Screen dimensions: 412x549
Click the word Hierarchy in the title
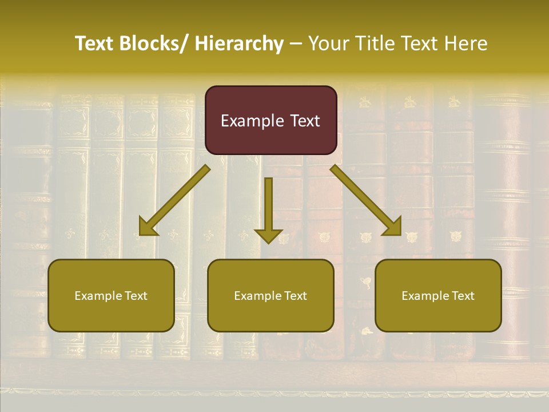pyautogui.click(x=239, y=43)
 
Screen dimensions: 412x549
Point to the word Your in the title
pyautogui.click(x=328, y=43)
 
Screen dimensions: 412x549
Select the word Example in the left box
pyautogui.click(x=98, y=296)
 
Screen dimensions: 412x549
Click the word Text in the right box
pyautogui.click(x=463, y=296)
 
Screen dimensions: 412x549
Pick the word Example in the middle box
pyautogui.click(x=258, y=296)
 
